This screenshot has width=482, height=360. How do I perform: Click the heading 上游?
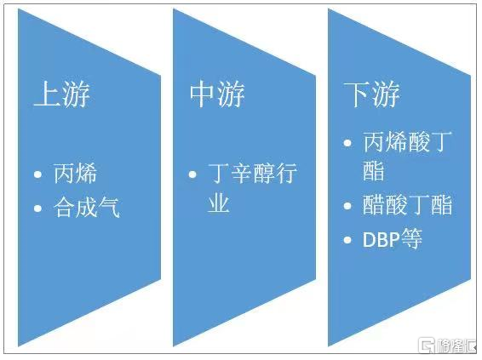[62, 94]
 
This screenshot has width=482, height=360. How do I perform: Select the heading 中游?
[217, 94]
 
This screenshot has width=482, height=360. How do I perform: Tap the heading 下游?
[372, 94]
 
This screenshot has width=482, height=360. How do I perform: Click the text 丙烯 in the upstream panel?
[75, 174]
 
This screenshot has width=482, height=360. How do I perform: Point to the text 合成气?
[87, 208]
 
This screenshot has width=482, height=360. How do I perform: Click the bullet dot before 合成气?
[37, 209]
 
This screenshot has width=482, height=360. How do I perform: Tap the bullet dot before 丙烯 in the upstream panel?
[37, 174]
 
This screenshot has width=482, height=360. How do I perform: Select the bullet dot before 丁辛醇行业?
[192, 174]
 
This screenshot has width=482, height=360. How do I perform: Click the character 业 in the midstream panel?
[219, 203]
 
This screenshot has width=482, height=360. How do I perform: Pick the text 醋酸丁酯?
[408, 205]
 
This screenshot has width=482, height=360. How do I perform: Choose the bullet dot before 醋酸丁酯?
[347, 205]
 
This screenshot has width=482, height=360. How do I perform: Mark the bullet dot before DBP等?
[347, 240]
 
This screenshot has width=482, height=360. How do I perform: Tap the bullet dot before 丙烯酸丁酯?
[347, 143]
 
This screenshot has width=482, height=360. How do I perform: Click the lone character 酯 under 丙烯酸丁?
[374, 170]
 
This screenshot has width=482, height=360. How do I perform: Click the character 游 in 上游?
[77, 94]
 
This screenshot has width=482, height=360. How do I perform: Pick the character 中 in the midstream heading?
[203, 94]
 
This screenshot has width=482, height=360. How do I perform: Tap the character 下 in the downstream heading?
[358, 94]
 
